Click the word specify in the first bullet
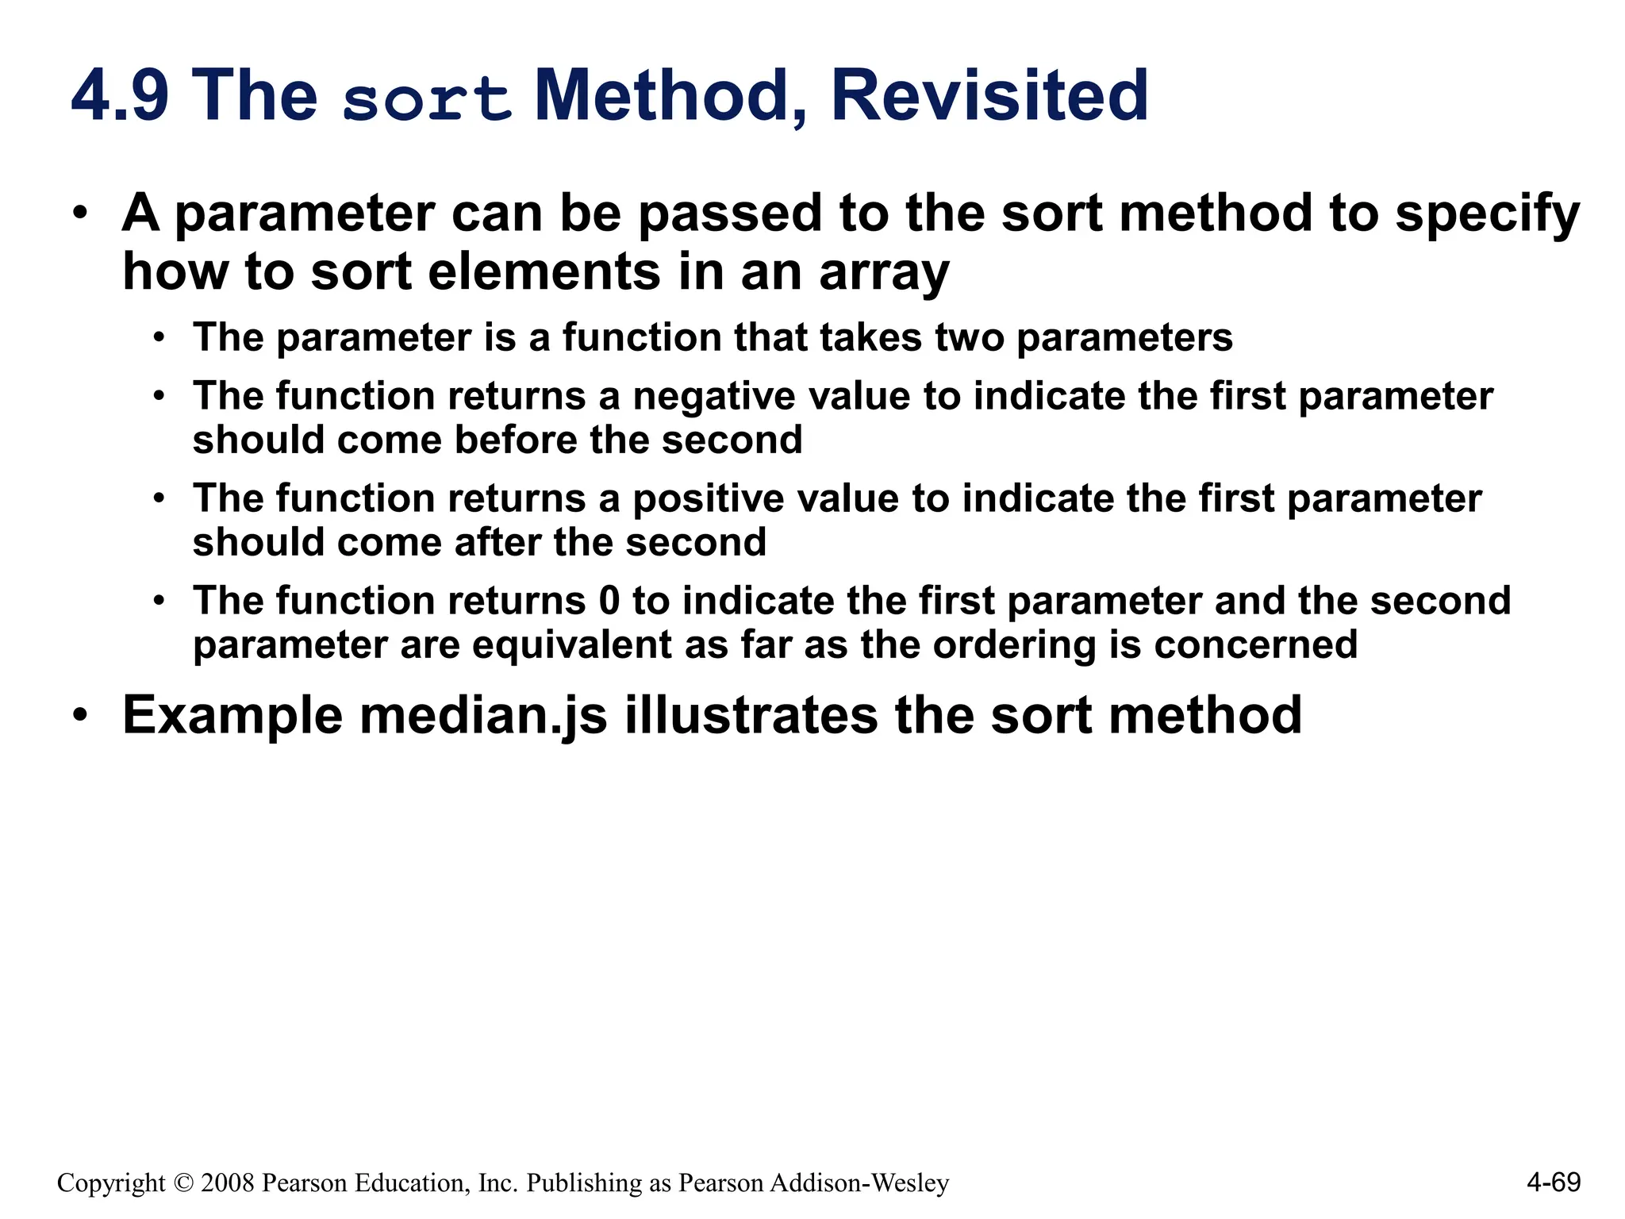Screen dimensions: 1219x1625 point(1488,215)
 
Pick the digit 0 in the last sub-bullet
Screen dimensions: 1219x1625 point(609,601)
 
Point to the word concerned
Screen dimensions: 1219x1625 point(1255,644)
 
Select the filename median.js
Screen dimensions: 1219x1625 point(483,716)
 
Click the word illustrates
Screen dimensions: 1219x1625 point(751,716)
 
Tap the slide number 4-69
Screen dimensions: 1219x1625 point(1553,1182)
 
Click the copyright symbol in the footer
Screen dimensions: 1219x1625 point(183,1183)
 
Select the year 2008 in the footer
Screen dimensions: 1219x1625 point(228,1183)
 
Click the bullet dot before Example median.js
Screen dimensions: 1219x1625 point(79,716)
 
